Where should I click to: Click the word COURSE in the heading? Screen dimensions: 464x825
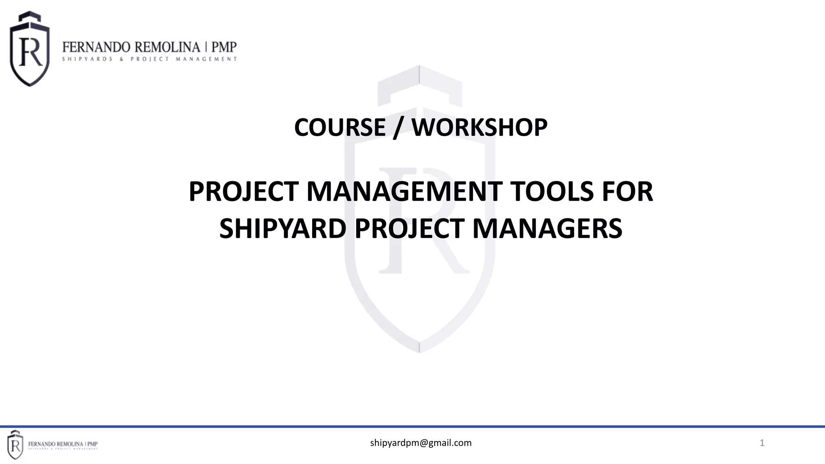tap(340, 128)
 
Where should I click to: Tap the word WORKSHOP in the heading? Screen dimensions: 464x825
tap(479, 128)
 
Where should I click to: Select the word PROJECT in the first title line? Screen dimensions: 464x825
tap(244, 192)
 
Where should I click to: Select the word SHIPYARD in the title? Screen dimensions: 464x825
tap(283, 229)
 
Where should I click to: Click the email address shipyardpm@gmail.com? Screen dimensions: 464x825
tap(421, 443)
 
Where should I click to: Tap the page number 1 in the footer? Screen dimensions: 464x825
tap(762, 443)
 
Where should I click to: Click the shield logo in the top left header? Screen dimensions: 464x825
tap(30, 49)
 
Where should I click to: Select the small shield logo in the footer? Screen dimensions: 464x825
tap(15, 445)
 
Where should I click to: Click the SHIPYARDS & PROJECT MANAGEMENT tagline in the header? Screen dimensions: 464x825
tap(149, 59)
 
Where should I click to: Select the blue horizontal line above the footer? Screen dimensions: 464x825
tap(412, 427)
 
